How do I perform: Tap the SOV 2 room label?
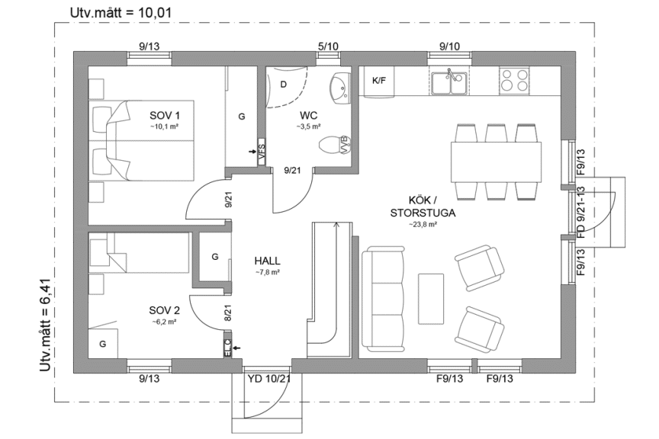[165, 311]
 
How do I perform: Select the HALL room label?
[266, 260]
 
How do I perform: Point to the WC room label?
[309, 116]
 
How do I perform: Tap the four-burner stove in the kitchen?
[516, 79]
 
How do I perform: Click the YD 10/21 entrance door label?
[269, 378]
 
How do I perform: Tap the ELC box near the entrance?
[227, 348]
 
